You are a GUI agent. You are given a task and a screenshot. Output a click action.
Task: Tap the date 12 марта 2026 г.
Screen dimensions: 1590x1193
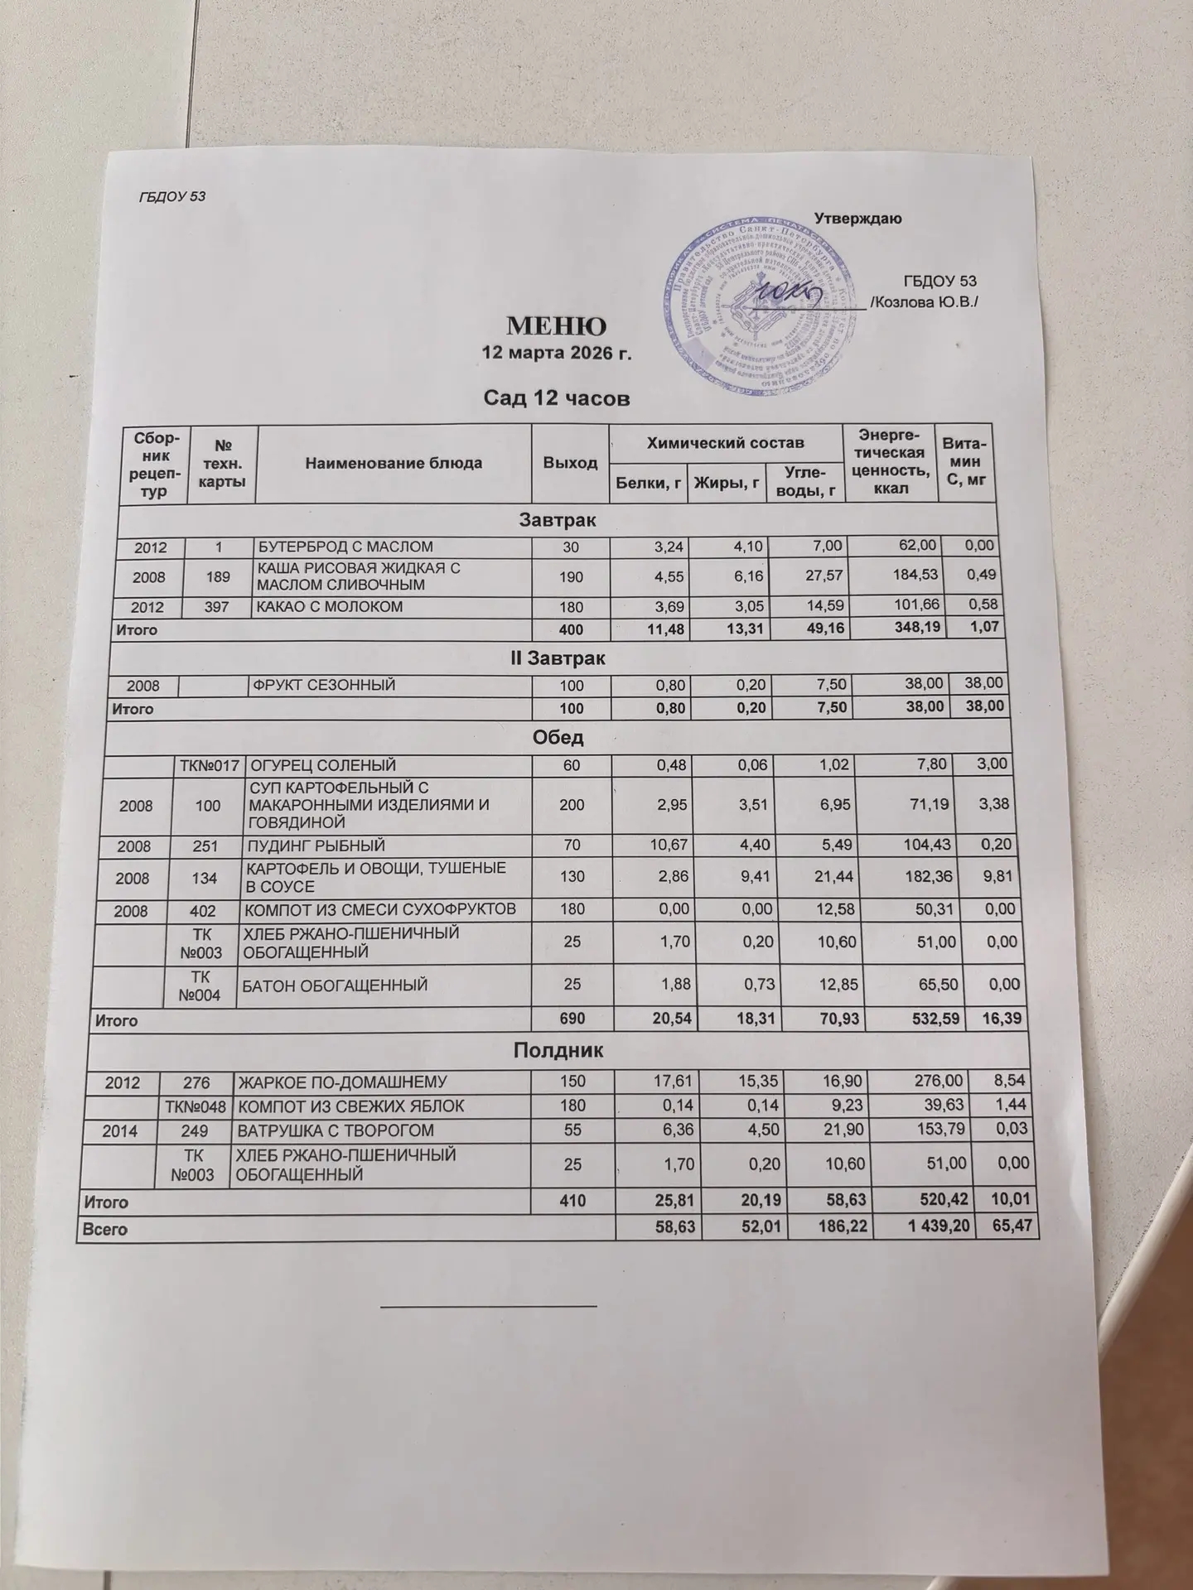(557, 354)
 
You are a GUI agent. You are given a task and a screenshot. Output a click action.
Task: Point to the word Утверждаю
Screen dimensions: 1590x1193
(858, 219)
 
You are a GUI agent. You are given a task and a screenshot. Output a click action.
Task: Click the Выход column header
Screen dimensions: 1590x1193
(570, 462)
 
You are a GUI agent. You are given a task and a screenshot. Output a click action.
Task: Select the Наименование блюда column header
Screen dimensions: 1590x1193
(394, 463)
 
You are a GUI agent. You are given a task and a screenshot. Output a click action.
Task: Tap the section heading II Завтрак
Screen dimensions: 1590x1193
(558, 659)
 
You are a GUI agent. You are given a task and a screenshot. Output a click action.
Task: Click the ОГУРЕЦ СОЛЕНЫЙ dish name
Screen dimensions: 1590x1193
(324, 765)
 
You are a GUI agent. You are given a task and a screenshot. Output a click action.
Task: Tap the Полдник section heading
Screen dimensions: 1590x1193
(558, 1051)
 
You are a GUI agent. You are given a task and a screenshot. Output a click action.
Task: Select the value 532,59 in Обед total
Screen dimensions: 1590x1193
(929, 1019)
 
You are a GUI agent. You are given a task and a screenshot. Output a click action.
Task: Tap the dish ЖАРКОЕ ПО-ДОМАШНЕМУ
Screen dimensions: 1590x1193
(342, 1082)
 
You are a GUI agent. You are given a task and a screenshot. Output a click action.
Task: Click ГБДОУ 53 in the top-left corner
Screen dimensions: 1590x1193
(171, 197)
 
